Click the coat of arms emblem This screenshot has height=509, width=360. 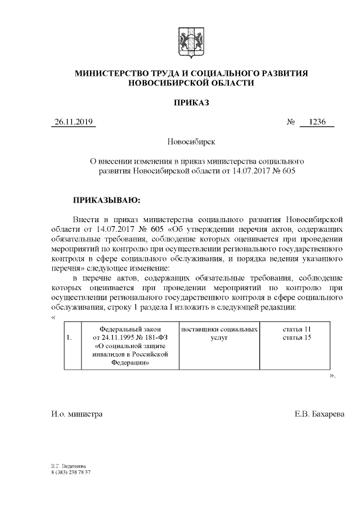191,41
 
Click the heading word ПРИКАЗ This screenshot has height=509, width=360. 191,103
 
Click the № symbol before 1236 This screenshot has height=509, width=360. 291,122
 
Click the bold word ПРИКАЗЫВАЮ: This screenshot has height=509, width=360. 106,199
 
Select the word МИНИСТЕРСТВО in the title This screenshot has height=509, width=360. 115,74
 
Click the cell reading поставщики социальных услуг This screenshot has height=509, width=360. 219,333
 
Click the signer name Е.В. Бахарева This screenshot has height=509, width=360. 319,414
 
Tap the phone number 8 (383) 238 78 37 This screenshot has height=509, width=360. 70,472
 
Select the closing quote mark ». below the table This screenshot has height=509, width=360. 332,375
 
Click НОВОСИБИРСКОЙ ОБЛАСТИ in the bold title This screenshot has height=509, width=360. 191,83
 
